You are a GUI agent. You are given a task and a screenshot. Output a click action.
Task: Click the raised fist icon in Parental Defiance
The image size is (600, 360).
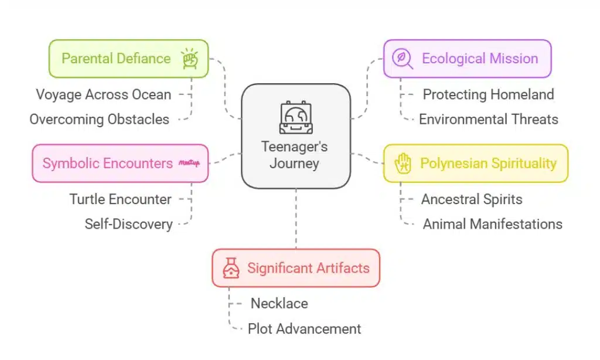[x=189, y=59]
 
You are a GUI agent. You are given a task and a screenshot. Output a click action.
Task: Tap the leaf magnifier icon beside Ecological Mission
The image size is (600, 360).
[x=403, y=59]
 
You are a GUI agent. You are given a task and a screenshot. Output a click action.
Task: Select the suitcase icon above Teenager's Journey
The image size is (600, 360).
[x=295, y=117]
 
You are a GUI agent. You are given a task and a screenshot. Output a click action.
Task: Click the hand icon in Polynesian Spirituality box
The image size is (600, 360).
[x=404, y=163]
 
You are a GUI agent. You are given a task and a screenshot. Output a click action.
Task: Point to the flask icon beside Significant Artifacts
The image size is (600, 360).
[x=231, y=268]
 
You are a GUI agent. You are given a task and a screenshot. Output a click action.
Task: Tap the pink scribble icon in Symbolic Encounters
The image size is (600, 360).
[x=189, y=163]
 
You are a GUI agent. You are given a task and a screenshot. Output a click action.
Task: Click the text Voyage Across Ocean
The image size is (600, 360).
[x=104, y=94]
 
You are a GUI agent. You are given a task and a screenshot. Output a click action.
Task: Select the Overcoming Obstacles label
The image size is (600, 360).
[x=100, y=119]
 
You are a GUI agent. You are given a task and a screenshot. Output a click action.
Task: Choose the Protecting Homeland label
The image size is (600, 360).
[x=488, y=94]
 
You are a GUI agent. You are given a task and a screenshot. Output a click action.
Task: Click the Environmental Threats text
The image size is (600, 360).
[x=488, y=119]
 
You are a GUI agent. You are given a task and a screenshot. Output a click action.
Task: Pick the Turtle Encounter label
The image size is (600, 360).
[x=121, y=199]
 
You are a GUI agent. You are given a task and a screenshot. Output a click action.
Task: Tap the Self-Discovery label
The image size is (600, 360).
[x=128, y=224]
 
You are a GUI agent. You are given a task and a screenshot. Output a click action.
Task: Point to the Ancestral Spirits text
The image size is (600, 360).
[x=472, y=199]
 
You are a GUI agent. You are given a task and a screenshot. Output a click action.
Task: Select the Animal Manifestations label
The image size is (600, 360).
[x=492, y=224]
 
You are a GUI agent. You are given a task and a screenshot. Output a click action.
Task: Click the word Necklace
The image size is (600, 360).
[x=279, y=303]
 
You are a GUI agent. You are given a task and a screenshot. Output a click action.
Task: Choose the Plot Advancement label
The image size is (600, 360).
[x=304, y=328]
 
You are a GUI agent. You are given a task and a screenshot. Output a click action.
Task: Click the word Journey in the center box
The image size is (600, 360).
[x=295, y=163]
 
